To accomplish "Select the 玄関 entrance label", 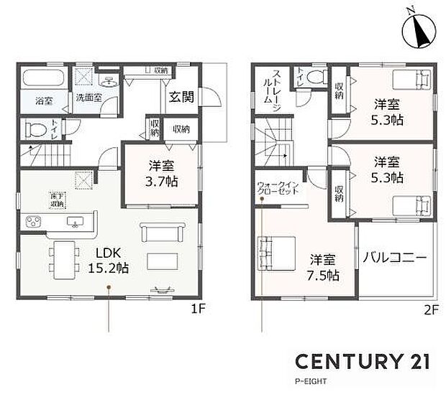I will point(181,97).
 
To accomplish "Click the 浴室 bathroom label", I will point(44,103).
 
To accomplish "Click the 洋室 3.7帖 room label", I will point(158,172).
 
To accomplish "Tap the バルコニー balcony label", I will point(395,256).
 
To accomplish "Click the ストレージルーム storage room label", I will point(270,87).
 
